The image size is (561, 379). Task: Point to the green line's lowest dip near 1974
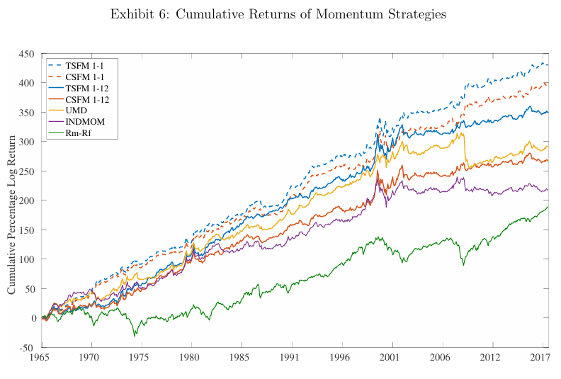pos(135,336)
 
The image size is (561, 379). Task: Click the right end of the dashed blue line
pos(548,64)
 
